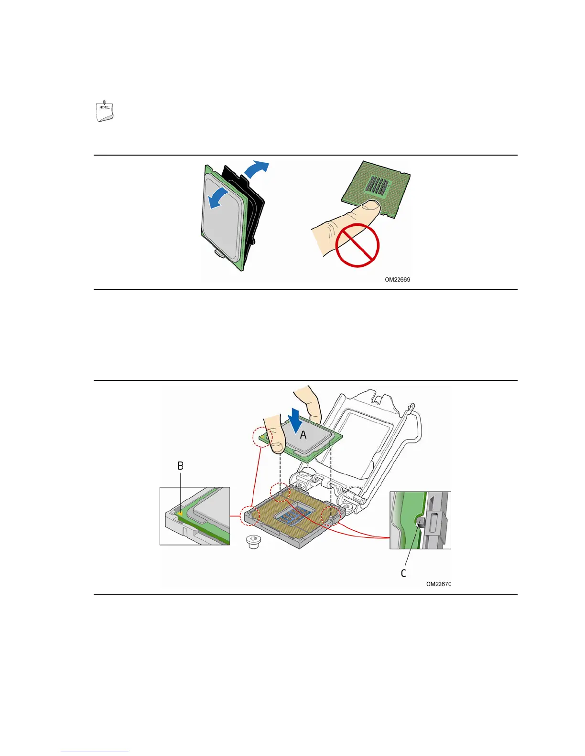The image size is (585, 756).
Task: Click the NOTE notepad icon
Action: click(105, 112)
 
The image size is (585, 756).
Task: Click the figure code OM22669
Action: click(397, 280)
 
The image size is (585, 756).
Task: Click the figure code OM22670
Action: click(438, 584)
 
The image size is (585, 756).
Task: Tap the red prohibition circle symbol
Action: click(357, 245)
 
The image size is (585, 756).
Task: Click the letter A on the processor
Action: click(303, 435)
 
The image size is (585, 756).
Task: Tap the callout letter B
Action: click(181, 466)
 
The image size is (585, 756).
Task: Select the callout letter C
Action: click(404, 573)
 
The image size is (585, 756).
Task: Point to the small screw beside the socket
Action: click(253, 542)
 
